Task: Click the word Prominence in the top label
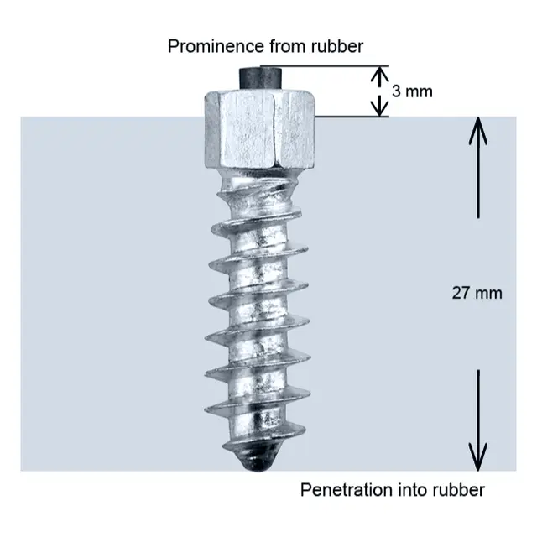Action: click(216, 46)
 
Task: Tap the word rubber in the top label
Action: click(337, 46)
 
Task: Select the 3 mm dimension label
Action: click(412, 91)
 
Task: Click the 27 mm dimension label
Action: click(477, 293)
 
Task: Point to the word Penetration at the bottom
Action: click(347, 490)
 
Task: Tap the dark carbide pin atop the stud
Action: click(260, 78)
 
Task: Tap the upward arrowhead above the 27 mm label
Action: click(478, 131)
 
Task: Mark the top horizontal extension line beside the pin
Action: click(325, 65)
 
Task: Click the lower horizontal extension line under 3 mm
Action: click(352, 117)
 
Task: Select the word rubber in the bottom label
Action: click(459, 490)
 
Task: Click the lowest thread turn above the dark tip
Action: click(263, 439)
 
